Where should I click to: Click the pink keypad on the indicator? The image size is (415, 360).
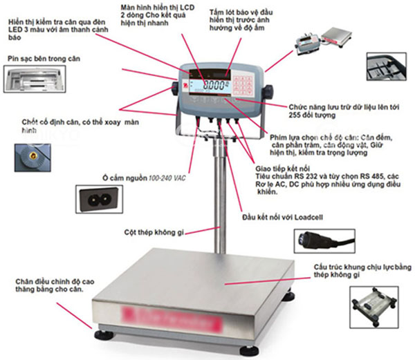pos(244,86)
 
